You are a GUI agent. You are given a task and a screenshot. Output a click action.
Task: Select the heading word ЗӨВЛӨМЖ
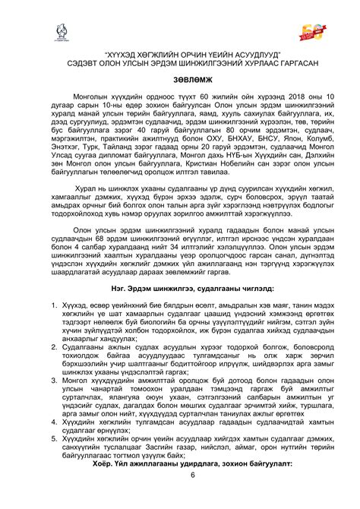point(179,83)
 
